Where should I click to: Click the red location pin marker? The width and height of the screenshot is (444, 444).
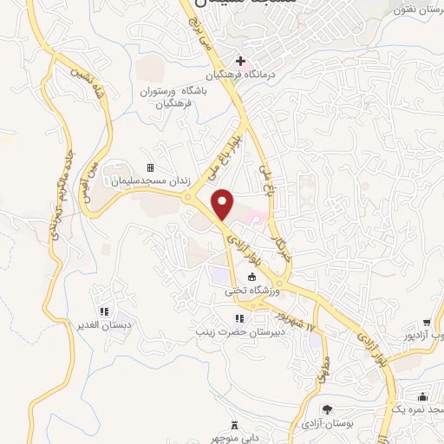tap(223, 205)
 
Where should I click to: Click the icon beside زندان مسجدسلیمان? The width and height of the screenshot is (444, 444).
tap(150, 167)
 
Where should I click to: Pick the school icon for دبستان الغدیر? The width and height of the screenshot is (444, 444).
tap(103, 311)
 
